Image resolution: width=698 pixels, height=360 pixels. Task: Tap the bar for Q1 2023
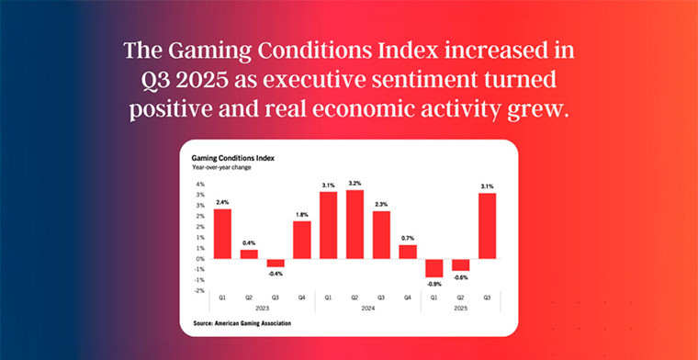click(x=222, y=233)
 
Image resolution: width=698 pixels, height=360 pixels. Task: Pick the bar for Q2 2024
click(x=355, y=224)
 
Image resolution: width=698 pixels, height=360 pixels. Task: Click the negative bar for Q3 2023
click(x=276, y=263)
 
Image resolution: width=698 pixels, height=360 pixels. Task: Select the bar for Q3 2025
click(x=487, y=225)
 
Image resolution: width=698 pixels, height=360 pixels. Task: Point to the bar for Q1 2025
click(x=434, y=267)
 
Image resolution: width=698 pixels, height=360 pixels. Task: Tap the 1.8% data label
click(x=302, y=214)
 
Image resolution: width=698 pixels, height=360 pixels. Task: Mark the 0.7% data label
click(x=408, y=238)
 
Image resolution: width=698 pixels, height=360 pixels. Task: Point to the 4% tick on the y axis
click(x=199, y=184)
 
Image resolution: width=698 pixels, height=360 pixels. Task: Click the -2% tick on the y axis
click(x=198, y=290)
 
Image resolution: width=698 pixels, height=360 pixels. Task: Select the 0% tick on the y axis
click(x=199, y=258)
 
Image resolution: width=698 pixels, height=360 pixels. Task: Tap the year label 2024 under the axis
click(x=368, y=309)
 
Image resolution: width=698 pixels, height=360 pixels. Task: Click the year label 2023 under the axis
click(x=262, y=309)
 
